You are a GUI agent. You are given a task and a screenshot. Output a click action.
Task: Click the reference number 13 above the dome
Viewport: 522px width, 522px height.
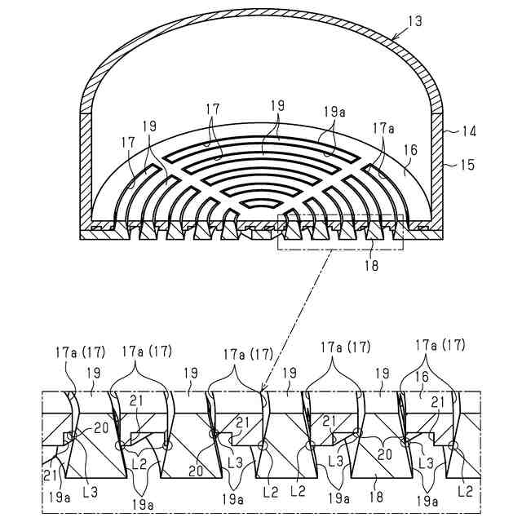[416, 21]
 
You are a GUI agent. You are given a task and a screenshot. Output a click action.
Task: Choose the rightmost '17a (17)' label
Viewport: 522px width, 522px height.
[440, 345]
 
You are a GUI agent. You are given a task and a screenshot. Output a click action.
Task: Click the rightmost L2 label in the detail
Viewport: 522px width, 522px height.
[465, 491]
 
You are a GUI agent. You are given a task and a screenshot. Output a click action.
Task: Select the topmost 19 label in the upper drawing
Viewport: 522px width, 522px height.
[278, 106]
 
